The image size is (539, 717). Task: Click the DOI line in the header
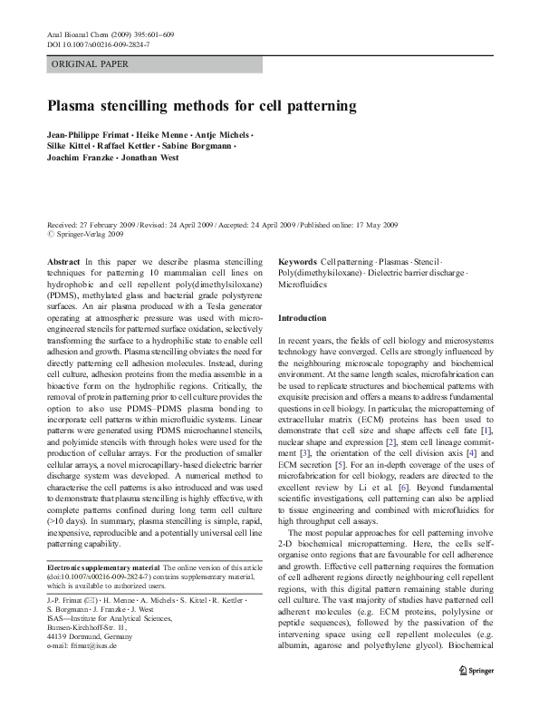coord(94,44)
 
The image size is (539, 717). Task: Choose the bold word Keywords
coord(298,259)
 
